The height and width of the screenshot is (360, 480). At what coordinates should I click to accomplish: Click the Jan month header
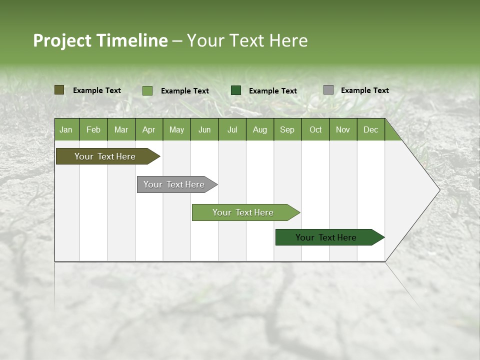[x=66, y=129]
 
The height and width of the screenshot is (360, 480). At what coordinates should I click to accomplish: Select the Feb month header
[x=93, y=129]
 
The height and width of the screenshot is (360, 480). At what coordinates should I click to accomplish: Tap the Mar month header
[x=121, y=129]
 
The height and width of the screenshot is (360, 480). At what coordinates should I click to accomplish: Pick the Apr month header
[x=149, y=129]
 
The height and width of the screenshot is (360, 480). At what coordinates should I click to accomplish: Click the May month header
[x=176, y=129]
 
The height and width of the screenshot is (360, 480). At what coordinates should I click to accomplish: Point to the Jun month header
[x=204, y=129]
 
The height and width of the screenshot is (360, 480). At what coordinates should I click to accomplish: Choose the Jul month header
[x=232, y=129]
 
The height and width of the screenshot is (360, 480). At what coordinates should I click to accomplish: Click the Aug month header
[x=260, y=129]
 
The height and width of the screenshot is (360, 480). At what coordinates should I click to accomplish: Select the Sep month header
[x=287, y=129]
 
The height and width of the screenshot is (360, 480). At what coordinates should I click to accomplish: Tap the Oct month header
[x=315, y=129]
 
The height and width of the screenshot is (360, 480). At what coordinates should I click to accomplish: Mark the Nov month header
[x=343, y=129]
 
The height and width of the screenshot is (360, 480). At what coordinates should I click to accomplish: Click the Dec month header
[x=371, y=129]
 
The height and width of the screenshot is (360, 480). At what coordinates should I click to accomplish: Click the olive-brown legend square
[x=59, y=90]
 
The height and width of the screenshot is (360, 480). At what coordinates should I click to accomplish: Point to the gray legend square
[x=328, y=90]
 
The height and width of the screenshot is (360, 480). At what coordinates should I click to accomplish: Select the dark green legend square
[x=236, y=90]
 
